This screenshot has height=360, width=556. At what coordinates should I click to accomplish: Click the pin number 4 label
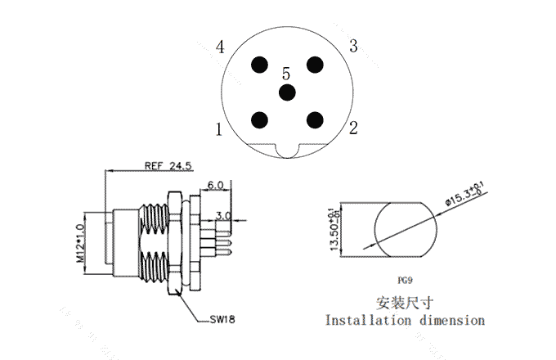(220, 47)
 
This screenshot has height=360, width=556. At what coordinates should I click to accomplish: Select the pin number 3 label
(353, 46)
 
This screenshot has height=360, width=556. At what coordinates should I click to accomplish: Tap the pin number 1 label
(219, 128)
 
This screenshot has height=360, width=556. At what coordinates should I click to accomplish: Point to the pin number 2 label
(353, 127)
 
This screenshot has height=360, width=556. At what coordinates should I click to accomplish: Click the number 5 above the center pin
(286, 74)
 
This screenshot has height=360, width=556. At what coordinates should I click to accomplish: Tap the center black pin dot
(287, 92)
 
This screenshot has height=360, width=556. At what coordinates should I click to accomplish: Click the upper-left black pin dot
(261, 65)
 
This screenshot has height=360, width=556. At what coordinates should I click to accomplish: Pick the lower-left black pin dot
(261, 119)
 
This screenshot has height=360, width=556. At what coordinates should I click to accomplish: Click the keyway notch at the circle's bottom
(287, 149)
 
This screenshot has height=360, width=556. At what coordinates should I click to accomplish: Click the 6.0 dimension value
(216, 186)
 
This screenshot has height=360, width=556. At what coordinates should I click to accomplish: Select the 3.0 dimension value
(223, 217)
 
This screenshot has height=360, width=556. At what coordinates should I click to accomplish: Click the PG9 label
(405, 279)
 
